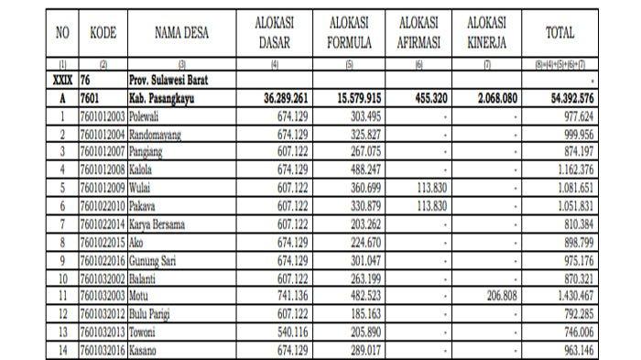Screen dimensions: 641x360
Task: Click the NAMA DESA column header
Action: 181,34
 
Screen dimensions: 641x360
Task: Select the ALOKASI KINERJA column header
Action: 491,33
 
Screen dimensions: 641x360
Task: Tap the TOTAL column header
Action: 560,34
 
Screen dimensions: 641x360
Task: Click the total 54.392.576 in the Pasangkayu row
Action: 561,98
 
